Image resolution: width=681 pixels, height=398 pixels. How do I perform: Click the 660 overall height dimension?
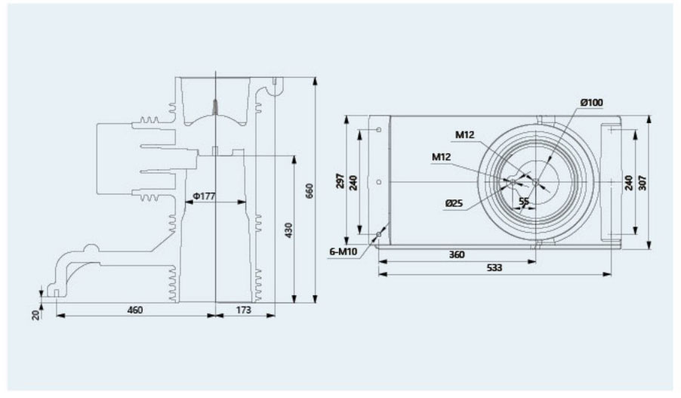point(310,191)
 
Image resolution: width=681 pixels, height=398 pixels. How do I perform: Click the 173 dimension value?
point(244,310)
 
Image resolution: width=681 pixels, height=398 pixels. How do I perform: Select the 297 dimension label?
point(341,182)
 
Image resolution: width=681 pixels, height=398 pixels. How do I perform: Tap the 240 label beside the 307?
point(628,182)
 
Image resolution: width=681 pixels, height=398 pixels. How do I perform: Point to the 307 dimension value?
point(642,182)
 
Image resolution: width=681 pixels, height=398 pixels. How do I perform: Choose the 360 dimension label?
point(456,255)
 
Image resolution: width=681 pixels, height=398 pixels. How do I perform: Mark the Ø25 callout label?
point(454,203)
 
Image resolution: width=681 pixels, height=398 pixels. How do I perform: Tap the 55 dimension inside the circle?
point(524,202)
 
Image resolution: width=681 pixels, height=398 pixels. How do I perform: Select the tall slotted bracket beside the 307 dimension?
point(612,182)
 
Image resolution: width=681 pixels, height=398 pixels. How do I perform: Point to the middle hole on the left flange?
point(378,182)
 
